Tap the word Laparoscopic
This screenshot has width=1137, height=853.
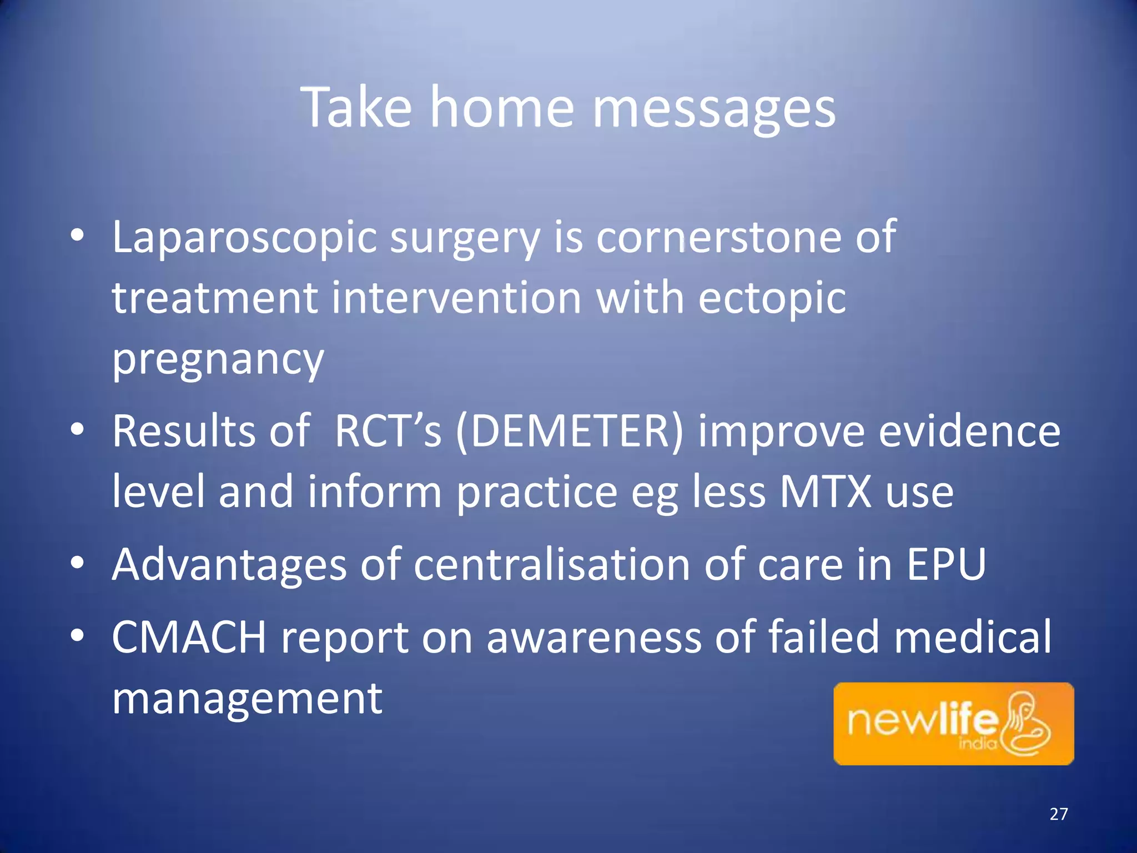[245, 238]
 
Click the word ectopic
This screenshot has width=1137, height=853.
[772, 299]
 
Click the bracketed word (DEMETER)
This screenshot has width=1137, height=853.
[569, 431]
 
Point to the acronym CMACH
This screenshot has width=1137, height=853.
[189, 638]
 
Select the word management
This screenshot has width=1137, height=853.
[247, 699]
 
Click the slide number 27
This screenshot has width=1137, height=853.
[1059, 814]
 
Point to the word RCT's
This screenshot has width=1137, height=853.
[388, 431]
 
